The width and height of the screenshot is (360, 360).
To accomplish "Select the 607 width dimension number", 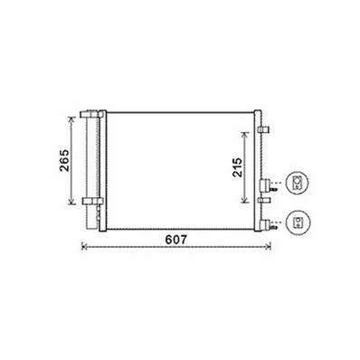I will click(176, 241).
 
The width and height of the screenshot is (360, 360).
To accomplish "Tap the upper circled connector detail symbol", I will click(298, 183).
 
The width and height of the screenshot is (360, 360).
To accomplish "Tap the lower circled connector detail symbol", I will click(298, 220).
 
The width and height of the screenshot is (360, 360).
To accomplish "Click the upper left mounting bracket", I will click(90, 114).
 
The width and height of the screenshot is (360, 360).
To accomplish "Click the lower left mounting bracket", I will click(90, 200).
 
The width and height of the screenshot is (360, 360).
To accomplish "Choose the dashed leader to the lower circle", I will click(279, 219).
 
